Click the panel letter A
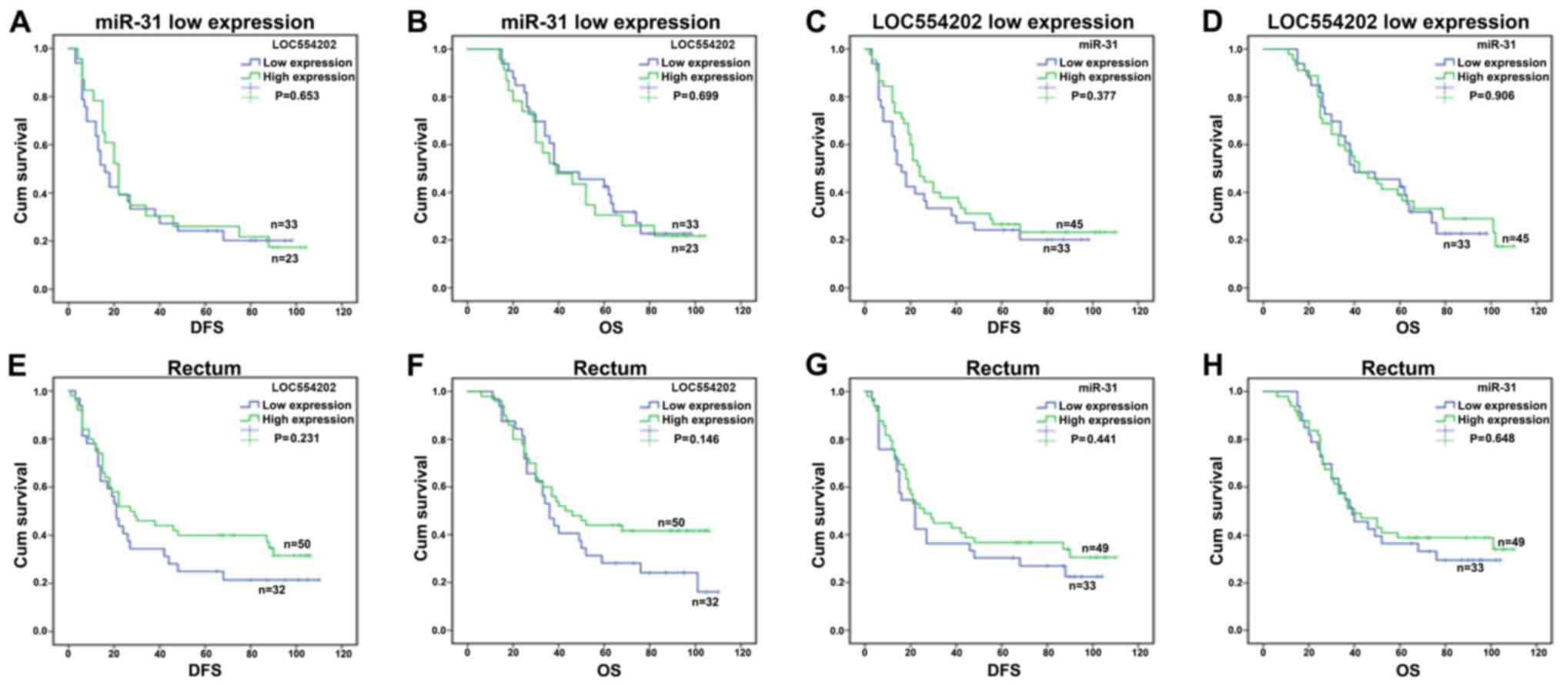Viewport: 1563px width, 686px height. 21,22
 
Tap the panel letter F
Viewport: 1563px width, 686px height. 416,366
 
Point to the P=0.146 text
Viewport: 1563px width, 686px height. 696,439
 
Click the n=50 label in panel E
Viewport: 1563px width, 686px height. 297,544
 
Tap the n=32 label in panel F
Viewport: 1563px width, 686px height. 705,601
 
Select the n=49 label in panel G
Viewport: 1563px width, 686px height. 1095,549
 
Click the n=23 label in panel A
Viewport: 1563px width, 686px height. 285,259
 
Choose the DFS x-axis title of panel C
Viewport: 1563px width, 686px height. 1004,328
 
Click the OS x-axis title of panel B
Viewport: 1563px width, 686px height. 609,328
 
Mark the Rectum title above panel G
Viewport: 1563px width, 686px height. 1003,368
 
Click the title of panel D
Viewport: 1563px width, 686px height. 1398,22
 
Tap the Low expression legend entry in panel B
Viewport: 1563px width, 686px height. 705,63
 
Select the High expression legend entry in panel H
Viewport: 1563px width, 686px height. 1502,420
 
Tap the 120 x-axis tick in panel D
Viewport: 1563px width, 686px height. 1538,311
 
